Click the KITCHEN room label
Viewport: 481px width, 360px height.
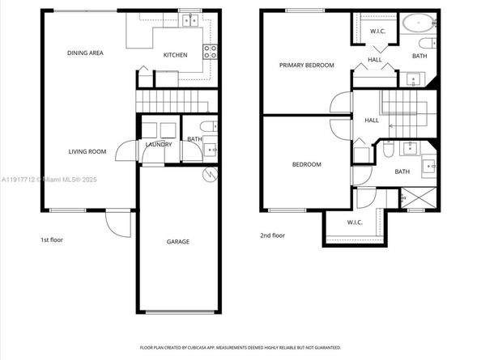click(x=176, y=55)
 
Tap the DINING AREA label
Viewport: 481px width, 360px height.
click(x=85, y=53)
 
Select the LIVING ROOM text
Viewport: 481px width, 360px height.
click(x=87, y=151)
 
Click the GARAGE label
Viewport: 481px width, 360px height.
click(x=178, y=241)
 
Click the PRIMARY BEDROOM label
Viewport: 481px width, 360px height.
click(x=306, y=66)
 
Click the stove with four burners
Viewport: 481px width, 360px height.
click(x=210, y=53)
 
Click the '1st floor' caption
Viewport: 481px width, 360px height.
click(x=53, y=239)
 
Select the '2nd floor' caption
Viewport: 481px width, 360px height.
click(x=272, y=235)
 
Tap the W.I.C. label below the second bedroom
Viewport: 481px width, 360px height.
click(x=353, y=222)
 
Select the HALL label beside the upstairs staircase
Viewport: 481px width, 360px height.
click(x=371, y=121)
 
